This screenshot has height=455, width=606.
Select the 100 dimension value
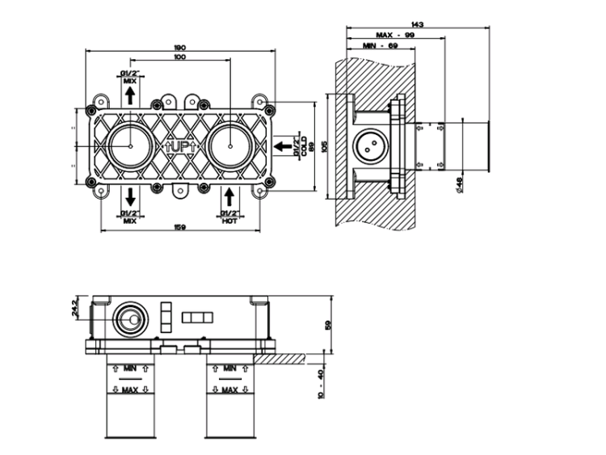tap(179, 57)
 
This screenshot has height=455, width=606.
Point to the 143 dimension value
tap(418, 24)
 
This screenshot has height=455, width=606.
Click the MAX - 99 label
tap(395, 35)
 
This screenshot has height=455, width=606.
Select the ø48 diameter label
tap(458, 185)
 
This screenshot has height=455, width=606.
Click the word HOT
tap(229, 220)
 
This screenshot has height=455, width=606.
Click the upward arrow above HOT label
tap(229, 196)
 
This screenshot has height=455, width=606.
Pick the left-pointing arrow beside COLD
tap(284, 146)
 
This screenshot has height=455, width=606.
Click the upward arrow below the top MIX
tap(129, 96)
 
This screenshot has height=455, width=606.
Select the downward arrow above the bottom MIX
tap(129, 196)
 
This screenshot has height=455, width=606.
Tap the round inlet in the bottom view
tap(127, 320)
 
